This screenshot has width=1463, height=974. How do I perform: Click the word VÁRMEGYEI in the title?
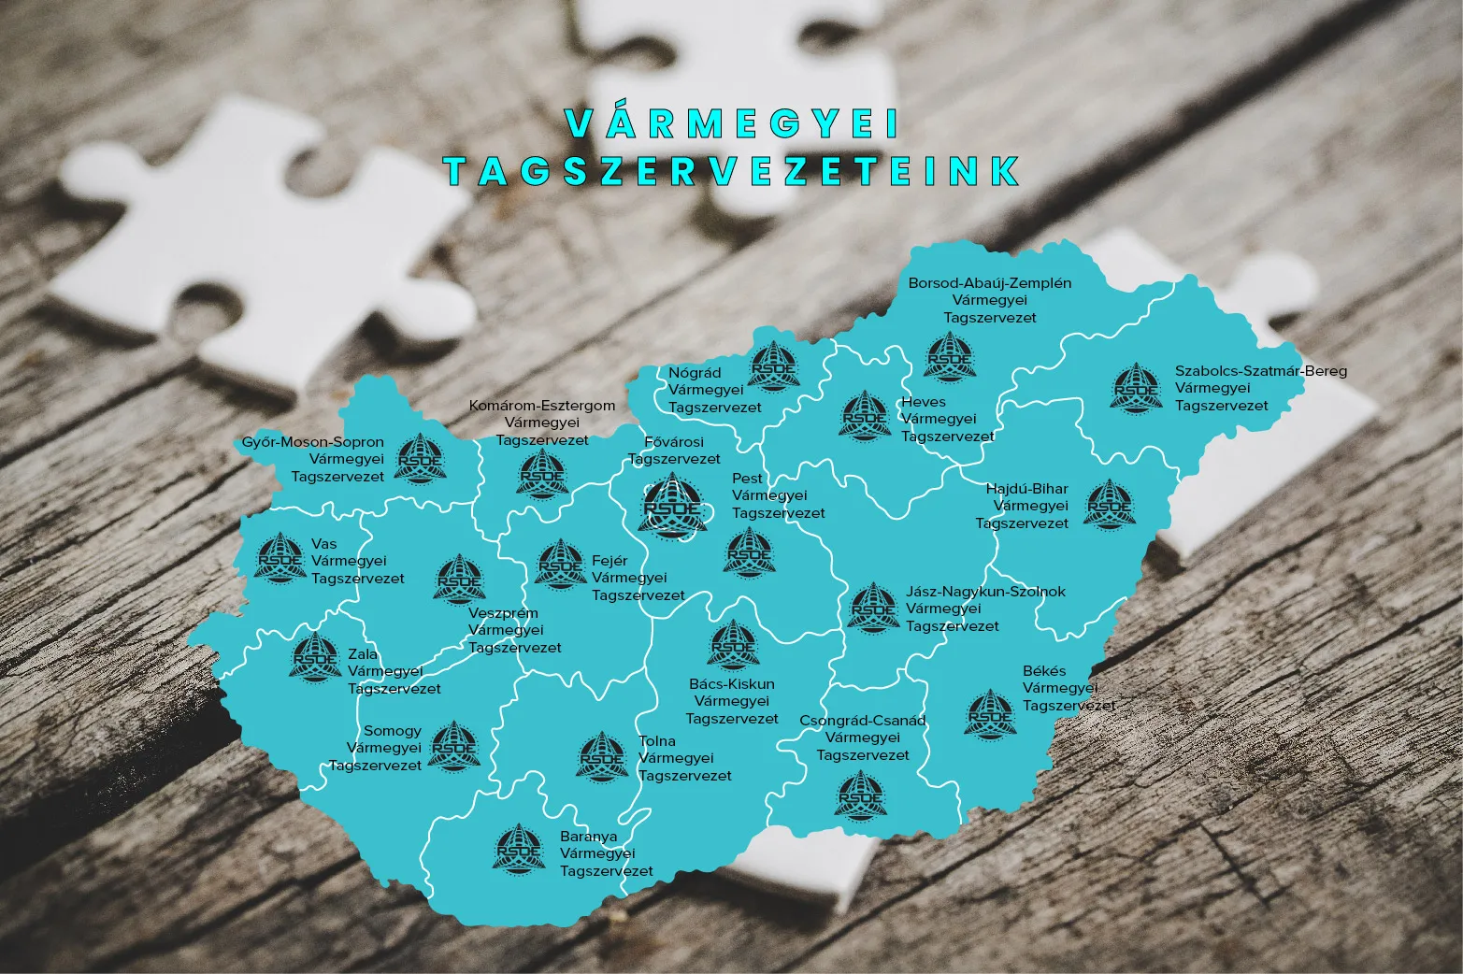pyautogui.click(x=732, y=123)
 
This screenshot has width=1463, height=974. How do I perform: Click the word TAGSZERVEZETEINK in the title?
pyautogui.click(x=732, y=171)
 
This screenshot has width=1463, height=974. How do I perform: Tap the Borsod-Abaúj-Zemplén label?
pyautogui.click(x=990, y=283)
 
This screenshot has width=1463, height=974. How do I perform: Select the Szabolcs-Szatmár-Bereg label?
pyautogui.click(x=1261, y=371)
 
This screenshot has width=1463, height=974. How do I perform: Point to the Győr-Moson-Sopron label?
pyautogui.click(x=313, y=442)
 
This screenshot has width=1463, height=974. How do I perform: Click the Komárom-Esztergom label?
pyautogui.click(x=542, y=406)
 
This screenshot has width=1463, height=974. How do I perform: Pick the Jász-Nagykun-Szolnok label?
pyautogui.click(x=985, y=592)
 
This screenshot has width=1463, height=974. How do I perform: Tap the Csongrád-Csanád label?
pyautogui.click(x=863, y=721)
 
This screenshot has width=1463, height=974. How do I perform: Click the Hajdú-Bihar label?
pyautogui.click(x=1026, y=489)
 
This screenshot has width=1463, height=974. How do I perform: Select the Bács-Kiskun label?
pyautogui.click(x=732, y=684)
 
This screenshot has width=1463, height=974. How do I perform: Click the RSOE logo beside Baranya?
pyautogui.click(x=519, y=849)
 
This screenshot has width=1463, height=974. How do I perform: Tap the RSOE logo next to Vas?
pyautogui.click(x=280, y=558)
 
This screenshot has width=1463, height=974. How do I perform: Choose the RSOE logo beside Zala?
pyautogui.click(x=315, y=657)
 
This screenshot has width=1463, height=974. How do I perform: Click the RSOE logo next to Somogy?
pyautogui.click(x=454, y=746)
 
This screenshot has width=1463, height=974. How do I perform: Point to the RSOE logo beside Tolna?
pyautogui.click(x=603, y=757)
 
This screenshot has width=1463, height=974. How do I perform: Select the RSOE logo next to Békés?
pyautogui.click(x=990, y=715)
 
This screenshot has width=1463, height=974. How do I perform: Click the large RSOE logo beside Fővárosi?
pyautogui.click(x=672, y=506)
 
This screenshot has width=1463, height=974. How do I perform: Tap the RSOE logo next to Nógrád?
pyautogui.click(x=774, y=366)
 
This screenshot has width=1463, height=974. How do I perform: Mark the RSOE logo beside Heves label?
pyautogui.click(x=866, y=415)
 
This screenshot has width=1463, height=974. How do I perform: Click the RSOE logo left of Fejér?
pyautogui.click(x=560, y=564)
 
